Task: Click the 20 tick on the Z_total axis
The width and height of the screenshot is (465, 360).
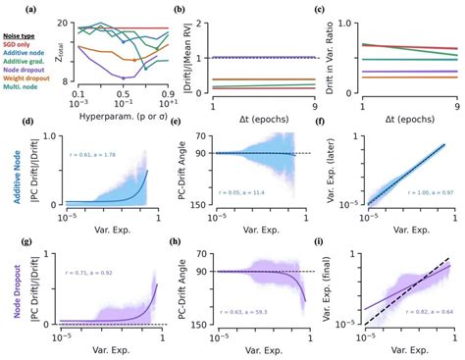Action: point(75,20)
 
